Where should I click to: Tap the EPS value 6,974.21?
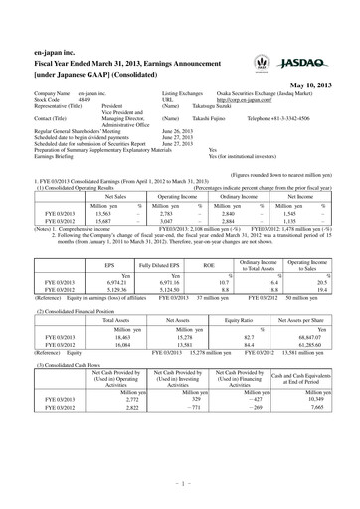110,287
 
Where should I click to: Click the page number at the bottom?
180,487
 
